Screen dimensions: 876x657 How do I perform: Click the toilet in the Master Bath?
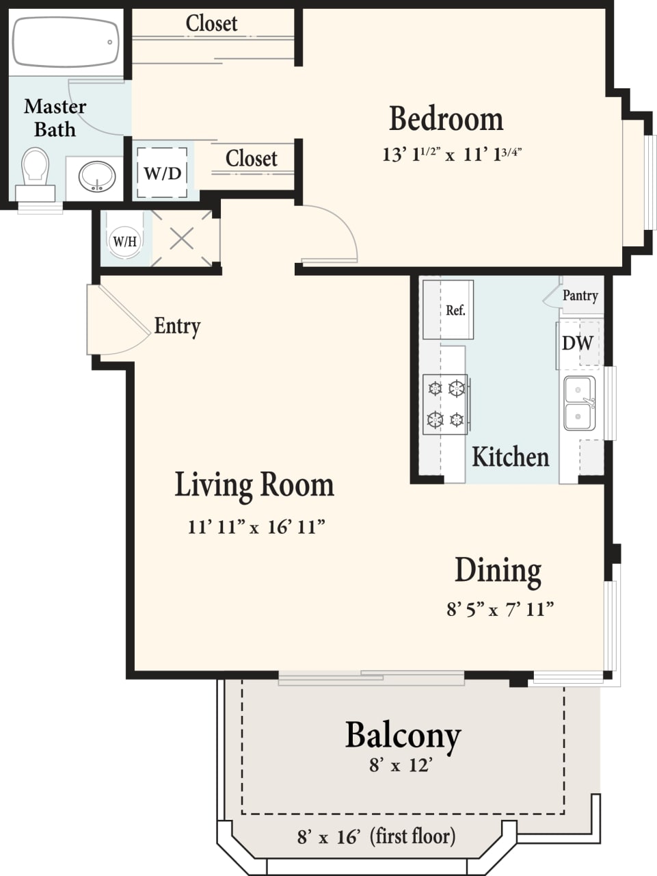[36, 169]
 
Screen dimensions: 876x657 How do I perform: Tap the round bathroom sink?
[96, 177]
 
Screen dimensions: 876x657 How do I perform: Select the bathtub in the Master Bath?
[66, 42]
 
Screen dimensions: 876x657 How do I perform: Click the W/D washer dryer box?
[163, 173]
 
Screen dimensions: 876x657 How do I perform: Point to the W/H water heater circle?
[124, 241]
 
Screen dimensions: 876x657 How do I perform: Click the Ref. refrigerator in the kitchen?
[448, 310]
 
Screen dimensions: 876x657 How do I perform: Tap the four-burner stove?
[446, 404]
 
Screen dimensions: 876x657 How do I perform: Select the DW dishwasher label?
[577, 343]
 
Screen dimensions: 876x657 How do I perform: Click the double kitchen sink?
[579, 403]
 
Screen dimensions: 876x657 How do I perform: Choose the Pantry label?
[580, 295]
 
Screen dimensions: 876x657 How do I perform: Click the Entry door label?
[177, 326]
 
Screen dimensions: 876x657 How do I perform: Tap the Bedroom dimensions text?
[452, 154]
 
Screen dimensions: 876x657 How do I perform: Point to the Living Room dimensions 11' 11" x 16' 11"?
[256, 526]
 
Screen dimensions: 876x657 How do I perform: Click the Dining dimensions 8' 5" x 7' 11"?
[500, 608]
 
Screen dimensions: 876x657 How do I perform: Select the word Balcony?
[403, 735]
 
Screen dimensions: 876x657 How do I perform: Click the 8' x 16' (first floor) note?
[376, 836]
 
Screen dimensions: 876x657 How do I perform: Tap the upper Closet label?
[211, 23]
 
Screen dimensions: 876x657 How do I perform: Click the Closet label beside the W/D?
[251, 159]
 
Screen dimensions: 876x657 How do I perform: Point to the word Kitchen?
[510, 456]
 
